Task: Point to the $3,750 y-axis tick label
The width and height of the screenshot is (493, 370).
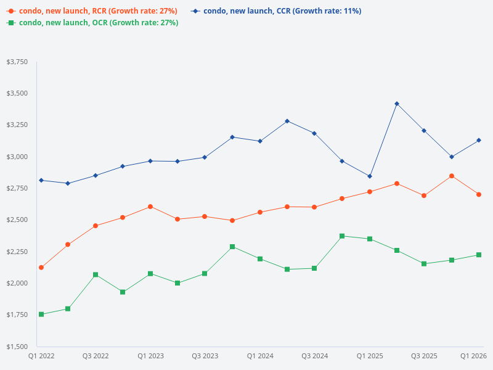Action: coord(17,62)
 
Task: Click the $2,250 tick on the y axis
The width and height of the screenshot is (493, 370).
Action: coord(17,252)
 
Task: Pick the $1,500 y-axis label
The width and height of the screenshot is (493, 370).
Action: coord(17,347)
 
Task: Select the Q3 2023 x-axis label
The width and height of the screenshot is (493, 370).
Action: coord(205,356)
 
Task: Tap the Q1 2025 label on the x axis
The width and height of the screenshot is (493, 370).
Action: coord(370,356)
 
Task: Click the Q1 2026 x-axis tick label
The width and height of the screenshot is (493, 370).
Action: coord(474,356)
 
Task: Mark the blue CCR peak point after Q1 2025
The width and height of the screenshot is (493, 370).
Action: coord(397,104)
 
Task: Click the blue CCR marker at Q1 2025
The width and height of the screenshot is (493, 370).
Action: coord(370,176)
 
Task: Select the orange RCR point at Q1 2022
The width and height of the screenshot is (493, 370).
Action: coord(41,268)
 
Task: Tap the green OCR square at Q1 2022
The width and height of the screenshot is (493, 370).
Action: coord(41,314)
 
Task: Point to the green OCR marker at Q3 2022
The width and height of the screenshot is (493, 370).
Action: coord(96,274)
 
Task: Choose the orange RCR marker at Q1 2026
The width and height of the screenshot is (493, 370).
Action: coord(479,194)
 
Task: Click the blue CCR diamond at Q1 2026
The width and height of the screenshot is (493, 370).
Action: coord(479,141)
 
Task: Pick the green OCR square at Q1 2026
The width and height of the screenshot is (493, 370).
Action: coord(479,255)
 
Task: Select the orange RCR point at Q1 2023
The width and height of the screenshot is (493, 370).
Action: coord(150,207)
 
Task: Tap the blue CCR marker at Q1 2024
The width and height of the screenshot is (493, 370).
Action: coord(260,141)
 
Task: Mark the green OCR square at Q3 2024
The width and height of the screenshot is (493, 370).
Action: coord(314,268)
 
